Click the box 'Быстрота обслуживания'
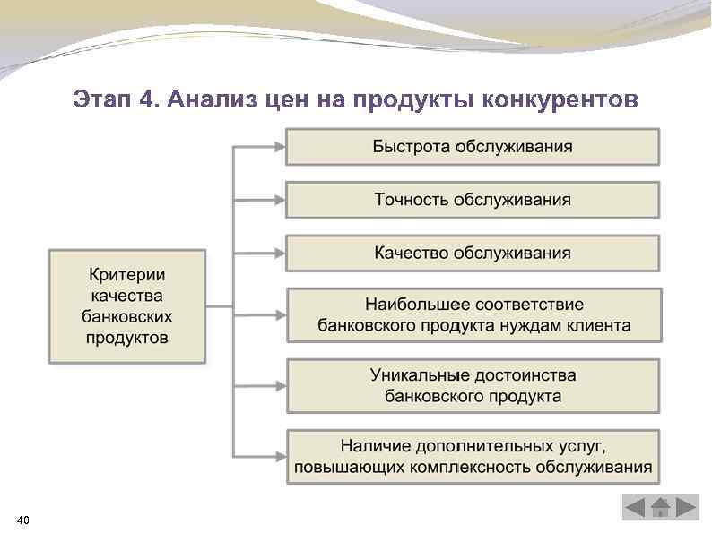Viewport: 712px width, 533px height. pyautogui.click(x=473, y=147)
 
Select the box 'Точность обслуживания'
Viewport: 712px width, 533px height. pyautogui.click(x=473, y=200)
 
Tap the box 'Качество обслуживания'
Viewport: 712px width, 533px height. pyautogui.click(x=473, y=254)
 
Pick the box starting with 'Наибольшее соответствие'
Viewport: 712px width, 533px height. pyautogui.click(x=473, y=314)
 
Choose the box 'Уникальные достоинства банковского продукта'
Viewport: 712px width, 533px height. pyautogui.click(x=473, y=385)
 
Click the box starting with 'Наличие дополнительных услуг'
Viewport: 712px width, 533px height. pyautogui.click(x=473, y=456)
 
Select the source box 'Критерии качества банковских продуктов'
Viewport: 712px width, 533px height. pyautogui.click(x=126, y=305)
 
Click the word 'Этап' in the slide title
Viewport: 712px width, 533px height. pyautogui.click(x=101, y=99)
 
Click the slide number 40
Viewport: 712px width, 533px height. pyautogui.click(x=23, y=519)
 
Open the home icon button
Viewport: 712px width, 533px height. pyautogui.click(x=661, y=508)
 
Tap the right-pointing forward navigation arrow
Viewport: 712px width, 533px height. pyautogui.click(x=686, y=508)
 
